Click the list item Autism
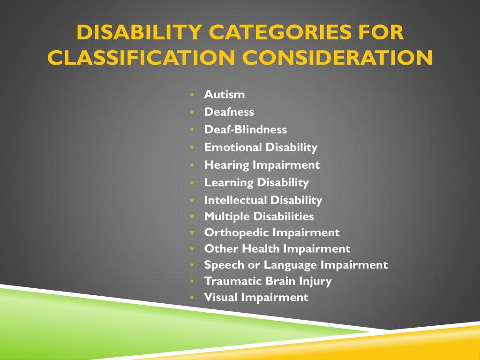224,94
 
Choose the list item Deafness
229,112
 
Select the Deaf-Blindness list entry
245,129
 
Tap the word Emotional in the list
233,147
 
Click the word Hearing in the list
227,165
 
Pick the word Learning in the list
229,182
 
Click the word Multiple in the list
227,216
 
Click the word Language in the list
290,265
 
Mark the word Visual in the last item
221,297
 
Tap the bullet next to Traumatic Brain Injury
192,282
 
